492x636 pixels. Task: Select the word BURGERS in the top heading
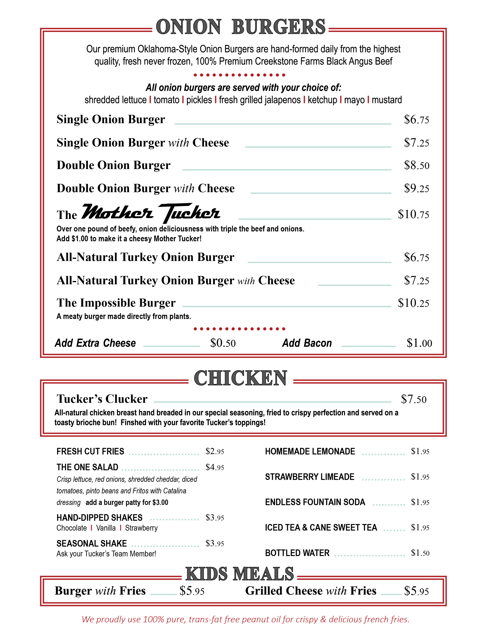click(x=278, y=27)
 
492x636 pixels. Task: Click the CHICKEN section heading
click(x=240, y=378)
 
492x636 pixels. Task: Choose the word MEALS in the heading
click(x=264, y=574)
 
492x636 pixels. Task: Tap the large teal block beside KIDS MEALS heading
click(x=373, y=565)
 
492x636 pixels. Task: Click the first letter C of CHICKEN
click(x=200, y=378)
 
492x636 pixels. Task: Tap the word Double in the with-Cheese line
click(x=75, y=189)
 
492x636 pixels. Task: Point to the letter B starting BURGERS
click(x=238, y=27)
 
